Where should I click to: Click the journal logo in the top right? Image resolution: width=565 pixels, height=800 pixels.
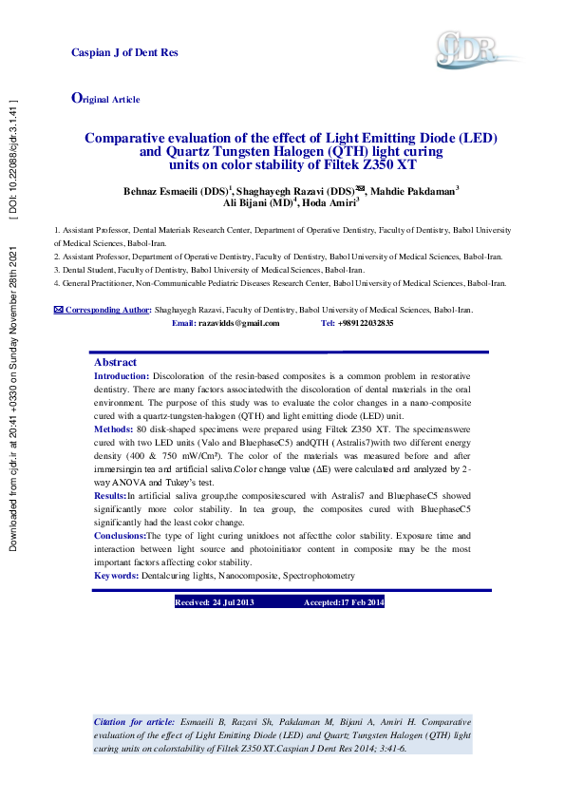point(466,47)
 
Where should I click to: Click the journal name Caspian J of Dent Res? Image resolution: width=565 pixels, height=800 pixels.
point(124,52)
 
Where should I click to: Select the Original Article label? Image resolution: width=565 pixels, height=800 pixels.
point(106,99)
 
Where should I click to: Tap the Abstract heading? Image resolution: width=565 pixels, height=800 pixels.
point(115,362)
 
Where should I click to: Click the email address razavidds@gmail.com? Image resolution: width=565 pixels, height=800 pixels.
point(238,323)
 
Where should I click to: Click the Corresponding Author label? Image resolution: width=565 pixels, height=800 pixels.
point(104,310)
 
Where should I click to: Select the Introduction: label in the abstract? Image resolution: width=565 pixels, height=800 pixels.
point(122,376)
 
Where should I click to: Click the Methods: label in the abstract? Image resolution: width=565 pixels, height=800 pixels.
point(113,429)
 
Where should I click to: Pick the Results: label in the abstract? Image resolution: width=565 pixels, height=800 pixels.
point(110,496)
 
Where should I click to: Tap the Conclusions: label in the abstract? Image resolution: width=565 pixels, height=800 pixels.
point(119,536)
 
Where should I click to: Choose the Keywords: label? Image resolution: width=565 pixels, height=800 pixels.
point(116,576)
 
